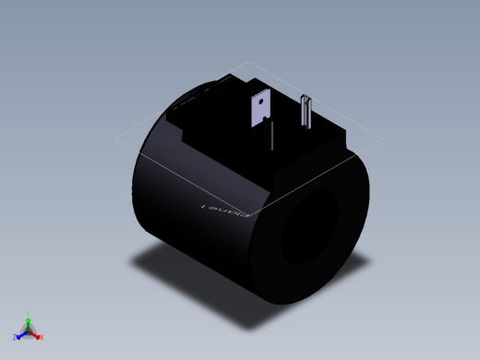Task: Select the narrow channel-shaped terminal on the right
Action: pyautogui.click(x=307, y=114)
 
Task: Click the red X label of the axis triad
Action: pyautogui.click(x=42, y=337)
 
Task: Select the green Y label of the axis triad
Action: pyautogui.click(x=29, y=313)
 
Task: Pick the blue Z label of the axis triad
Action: pyautogui.click(x=16, y=337)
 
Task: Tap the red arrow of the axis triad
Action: pyautogui.click(x=35, y=333)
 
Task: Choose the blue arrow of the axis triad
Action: pyautogui.click(x=22, y=333)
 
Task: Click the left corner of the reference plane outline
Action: pyautogui.click(x=116, y=139)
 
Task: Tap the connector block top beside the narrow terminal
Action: pyautogui.click(x=328, y=138)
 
